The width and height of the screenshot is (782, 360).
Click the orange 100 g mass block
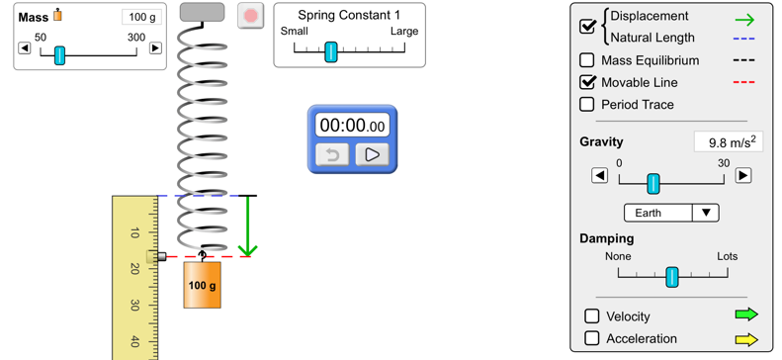(x=202, y=285)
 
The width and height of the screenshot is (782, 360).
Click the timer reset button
(x=333, y=155)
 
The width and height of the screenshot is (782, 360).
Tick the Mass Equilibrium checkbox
(x=587, y=60)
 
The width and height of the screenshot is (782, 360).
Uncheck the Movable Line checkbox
(x=587, y=82)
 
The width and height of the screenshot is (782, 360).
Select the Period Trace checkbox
(x=587, y=104)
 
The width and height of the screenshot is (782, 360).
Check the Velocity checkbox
(x=591, y=315)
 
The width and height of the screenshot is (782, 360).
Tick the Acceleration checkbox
(x=591, y=338)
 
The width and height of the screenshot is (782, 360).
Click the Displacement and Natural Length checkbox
(x=587, y=27)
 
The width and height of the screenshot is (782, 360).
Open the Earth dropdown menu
(x=671, y=213)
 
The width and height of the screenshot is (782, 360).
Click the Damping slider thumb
(x=672, y=277)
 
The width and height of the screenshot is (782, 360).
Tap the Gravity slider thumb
(x=652, y=183)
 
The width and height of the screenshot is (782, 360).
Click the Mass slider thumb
(x=59, y=54)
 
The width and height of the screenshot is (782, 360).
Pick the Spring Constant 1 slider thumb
(x=331, y=51)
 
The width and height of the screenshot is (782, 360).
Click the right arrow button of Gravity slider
(x=743, y=176)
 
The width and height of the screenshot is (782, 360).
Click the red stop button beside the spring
(x=251, y=16)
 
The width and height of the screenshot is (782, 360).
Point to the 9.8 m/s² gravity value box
(x=728, y=142)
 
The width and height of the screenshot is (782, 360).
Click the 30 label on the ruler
(x=134, y=306)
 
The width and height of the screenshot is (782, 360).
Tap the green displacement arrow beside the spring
(x=247, y=226)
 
